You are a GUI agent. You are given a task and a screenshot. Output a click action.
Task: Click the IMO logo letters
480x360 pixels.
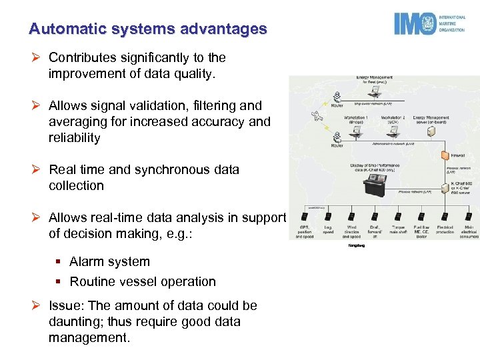pyautogui.click(x=415, y=24)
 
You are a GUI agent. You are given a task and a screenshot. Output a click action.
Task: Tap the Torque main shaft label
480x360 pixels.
pyautogui.click(x=399, y=230)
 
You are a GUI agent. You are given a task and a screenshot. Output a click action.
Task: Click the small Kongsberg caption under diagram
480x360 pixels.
pyautogui.click(x=357, y=245)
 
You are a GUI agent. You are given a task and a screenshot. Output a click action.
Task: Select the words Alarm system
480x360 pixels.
pyautogui.click(x=109, y=262)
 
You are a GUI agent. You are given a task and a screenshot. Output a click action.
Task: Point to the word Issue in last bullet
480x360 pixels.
pyautogui.click(x=65, y=306)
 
